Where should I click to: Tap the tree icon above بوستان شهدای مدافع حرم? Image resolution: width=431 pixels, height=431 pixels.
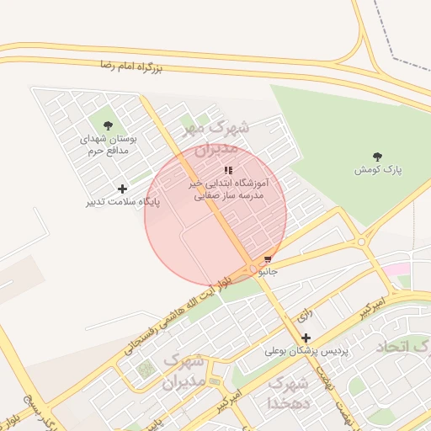point(107,125)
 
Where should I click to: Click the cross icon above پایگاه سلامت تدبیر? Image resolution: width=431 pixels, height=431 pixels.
point(122,189)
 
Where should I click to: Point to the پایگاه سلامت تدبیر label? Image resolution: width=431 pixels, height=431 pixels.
point(122,202)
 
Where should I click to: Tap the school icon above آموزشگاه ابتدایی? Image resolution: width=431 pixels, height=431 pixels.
point(228,170)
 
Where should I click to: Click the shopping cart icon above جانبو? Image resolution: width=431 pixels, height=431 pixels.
point(269,259)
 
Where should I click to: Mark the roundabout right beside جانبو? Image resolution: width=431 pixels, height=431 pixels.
point(253,269)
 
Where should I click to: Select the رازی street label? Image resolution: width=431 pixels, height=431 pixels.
point(304,316)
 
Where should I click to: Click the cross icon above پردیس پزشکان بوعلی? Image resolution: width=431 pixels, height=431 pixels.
point(306,338)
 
